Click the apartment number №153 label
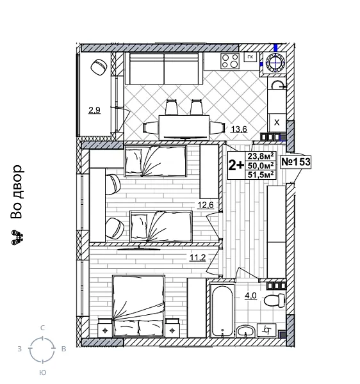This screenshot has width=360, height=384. tap(296, 162)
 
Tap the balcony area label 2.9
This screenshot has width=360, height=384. tap(94, 110)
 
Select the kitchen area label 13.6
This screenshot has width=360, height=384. tap(239, 129)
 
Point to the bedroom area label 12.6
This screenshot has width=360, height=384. tap(205, 205)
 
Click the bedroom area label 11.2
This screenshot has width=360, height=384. tap(196, 258)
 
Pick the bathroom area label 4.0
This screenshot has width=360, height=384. tap(250, 295)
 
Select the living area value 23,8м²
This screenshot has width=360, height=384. tap(261, 156)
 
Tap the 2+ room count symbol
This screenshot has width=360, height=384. tap(236, 165)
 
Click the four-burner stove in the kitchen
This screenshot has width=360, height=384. tap(229, 61)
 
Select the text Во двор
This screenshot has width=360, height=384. tap(17, 192)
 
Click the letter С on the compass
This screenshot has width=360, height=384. tap(42, 328)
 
